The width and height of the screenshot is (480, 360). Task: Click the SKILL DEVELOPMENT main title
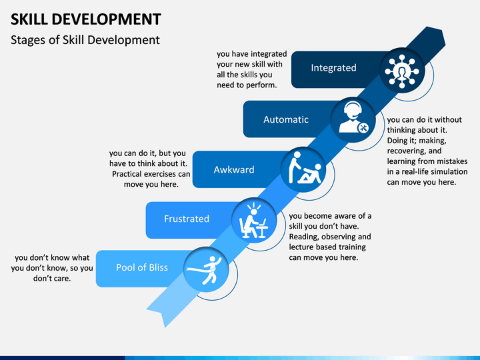[x=86, y=19]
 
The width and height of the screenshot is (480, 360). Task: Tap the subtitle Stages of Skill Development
[x=85, y=40]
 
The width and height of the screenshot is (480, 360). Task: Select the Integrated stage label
[x=334, y=67]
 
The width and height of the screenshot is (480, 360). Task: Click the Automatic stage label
[x=286, y=119]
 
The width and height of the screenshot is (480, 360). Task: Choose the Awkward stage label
[x=234, y=169]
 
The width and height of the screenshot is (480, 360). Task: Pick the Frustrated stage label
[x=187, y=219]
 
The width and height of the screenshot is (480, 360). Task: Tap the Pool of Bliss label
[x=142, y=267]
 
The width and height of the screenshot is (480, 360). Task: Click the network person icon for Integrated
[x=402, y=70]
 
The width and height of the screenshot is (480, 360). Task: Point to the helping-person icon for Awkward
[x=305, y=169]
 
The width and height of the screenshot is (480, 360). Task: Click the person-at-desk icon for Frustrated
[x=254, y=220]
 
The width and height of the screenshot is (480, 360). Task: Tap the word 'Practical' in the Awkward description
[x=127, y=174]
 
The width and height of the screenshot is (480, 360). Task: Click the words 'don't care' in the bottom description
[x=52, y=279]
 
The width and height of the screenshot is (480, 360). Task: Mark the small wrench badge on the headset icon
[x=364, y=128]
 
